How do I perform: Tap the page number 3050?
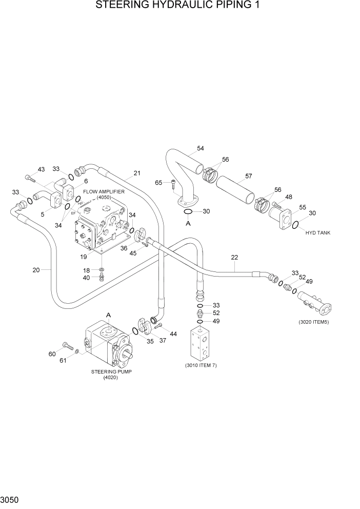point(11,499)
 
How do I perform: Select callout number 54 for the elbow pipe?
point(200,148)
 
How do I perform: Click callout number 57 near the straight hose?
point(248,176)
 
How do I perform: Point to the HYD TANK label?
point(318,232)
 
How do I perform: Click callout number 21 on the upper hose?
point(137,173)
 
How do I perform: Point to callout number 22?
point(235,257)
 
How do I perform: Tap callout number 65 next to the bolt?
point(159,182)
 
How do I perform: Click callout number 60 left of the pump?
point(52,354)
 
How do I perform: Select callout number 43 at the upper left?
point(41,169)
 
